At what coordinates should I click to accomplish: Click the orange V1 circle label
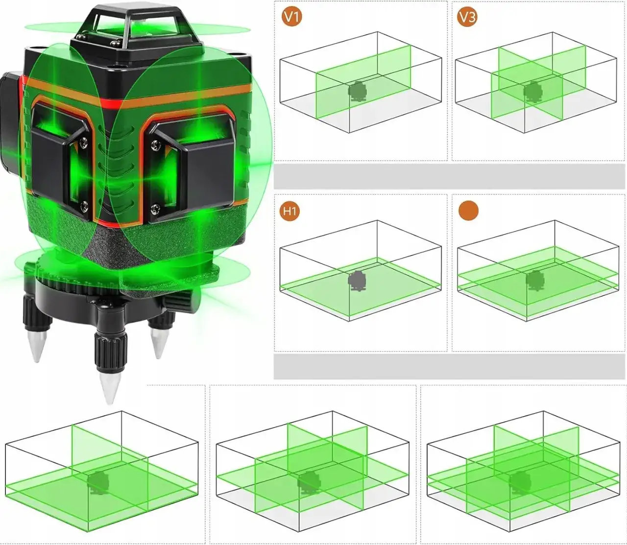(x=292, y=17)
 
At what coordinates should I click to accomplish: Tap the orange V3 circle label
(x=467, y=17)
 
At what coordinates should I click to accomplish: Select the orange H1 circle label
(x=289, y=212)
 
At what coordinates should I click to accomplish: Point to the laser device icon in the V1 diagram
(x=358, y=91)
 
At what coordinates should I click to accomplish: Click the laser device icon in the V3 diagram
(x=532, y=91)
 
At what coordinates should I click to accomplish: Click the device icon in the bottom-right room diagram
(x=519, y=483)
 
